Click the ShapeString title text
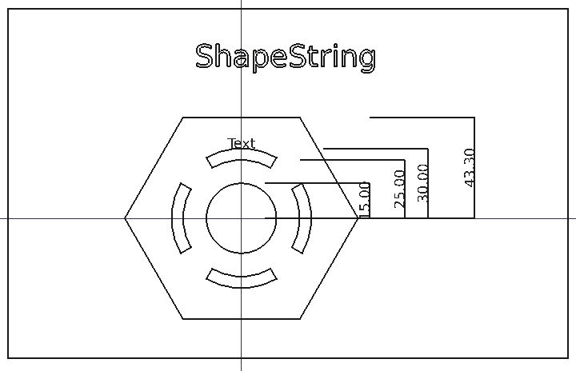pos(285,58)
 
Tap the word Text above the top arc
pos(241,144)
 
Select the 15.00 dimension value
pos(366,199)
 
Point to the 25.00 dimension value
pos(400,189)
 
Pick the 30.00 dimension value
pos(423,182)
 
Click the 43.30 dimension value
pos(470,168)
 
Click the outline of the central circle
pos(206,218)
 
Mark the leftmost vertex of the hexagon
pos(125,217)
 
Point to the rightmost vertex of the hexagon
pos(358,217)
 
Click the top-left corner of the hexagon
pos(183,118)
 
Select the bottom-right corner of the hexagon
pos(301,318)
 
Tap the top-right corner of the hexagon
pos(301,118)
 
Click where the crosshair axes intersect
pos(241,217)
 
